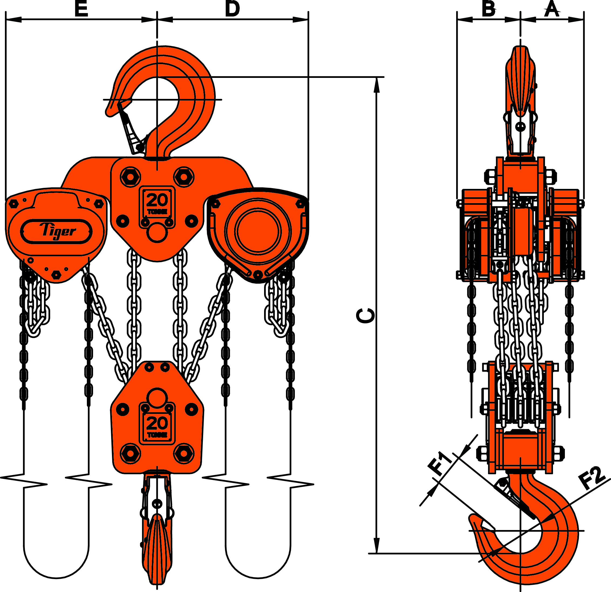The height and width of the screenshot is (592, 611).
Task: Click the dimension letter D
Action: (232, 9)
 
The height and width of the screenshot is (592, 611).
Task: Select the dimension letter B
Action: (488, 9)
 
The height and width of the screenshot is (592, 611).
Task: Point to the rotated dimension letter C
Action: (365, 316)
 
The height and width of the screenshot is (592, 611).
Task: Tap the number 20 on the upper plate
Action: (157, 200)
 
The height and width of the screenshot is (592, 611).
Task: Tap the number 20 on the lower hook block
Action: (157, 424)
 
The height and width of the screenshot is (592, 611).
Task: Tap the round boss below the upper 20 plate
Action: (157, 233)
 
